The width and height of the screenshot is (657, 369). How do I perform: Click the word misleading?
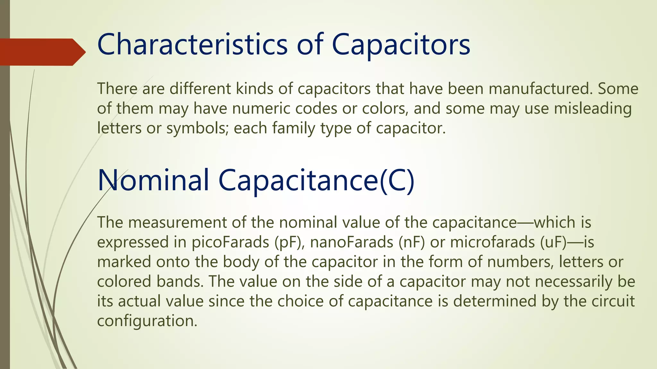pyautogui.click(x=593, y=108)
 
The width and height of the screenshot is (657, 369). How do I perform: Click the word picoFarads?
pyautogui.click(x=230, y=242)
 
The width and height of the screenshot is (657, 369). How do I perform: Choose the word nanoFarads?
pyautogui.click(x=352, y=242)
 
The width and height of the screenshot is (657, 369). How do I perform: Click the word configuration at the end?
pyautogui.click(x=147, y=321)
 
